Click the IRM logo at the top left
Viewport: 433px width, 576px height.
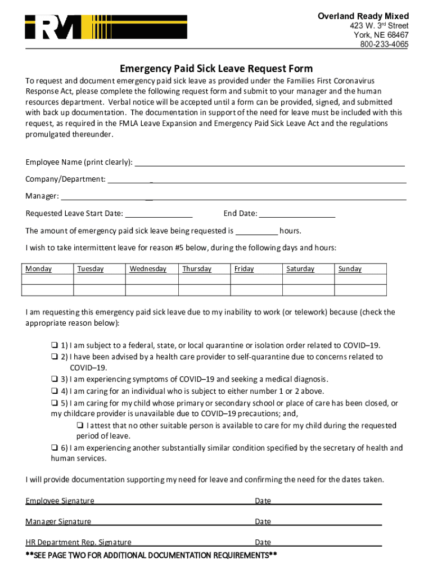pyautogui.click(x=106, y=27)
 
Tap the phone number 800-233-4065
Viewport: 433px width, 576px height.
pyautogui.click(x=384, y=44)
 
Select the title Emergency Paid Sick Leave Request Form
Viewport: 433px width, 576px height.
pyautogui.click(x=216, y=69)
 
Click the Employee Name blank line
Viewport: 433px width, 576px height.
pyautogui.click(x=270, y=163)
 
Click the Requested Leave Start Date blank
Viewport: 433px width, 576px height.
pyautogui.click(x=159, y=213)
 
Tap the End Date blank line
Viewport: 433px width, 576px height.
pyautogui.click(x=297, y=213)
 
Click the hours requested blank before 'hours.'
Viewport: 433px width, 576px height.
pyautogui.click(x=256, y=231)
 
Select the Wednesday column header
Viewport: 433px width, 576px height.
pyautogui.click(x=148, y=269)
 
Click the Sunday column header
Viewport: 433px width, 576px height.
pyautogui.click(x=350, y=269)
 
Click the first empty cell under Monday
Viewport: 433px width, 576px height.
pyautogui.click(x=47, y=280)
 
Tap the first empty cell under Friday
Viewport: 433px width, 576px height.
pyautogui.click(x=256, y=280)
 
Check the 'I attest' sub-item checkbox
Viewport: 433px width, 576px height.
pyautogui.click(x=80, y=426)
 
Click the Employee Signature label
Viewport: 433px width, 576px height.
pyautogui.click(x=60, y=501)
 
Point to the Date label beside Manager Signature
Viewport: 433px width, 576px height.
pyautogui.click(x=263, y=521)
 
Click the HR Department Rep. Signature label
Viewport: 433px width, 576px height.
pyautogui.click(x=78, y=542)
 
